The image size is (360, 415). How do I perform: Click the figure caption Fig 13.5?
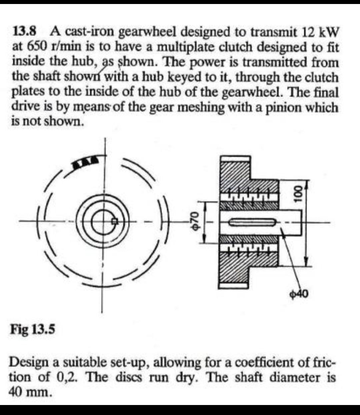pyautogui.click(x=33, y=330)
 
